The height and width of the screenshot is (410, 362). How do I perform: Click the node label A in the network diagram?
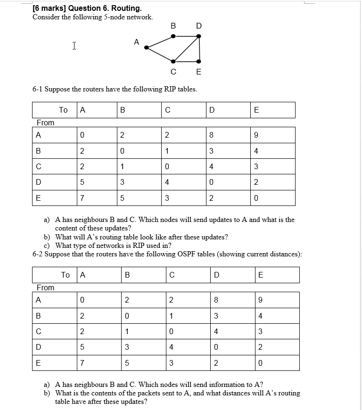(x=137, y=42)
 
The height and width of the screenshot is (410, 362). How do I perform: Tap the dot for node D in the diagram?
(x=198, y=36)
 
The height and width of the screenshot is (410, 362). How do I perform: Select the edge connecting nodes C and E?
(x=186, y=62)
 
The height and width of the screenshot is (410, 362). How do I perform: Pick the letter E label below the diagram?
(x=198, y=72)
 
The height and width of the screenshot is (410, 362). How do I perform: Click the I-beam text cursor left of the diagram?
(x=74, y=46)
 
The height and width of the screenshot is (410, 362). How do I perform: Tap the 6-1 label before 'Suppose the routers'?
(x=38, y=89)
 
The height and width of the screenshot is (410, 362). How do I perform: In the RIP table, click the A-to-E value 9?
(x=256, y=135)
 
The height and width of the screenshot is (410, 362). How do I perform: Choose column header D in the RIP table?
(x=212, y=110)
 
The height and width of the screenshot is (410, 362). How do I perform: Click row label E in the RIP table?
(x=38, y=198)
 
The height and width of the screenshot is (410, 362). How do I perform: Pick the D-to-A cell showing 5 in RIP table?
(x=82, y=182)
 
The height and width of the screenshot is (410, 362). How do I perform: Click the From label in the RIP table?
(x=45, y=123)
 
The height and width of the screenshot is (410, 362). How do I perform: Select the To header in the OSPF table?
(x=66, y=275)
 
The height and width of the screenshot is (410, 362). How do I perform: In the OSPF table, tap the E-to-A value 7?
(x=82, y=363)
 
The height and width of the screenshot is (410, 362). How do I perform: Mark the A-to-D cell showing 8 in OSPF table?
(x=216, y=300)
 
